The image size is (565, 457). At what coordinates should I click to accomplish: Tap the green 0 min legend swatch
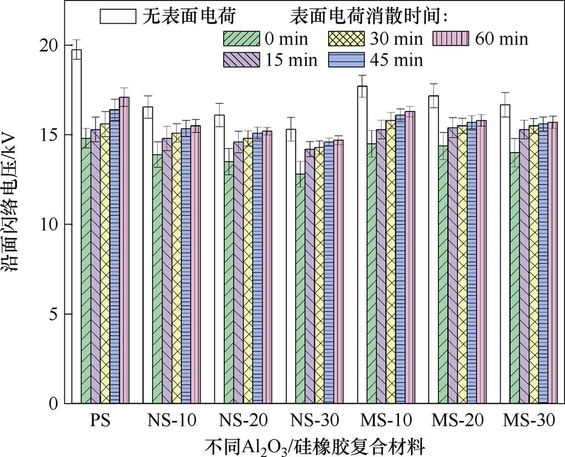[240, 39]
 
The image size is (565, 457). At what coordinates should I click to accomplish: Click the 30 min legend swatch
[345, 39]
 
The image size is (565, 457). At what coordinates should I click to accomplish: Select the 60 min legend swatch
[450, 39]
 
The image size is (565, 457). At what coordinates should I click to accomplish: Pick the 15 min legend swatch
[240, 59]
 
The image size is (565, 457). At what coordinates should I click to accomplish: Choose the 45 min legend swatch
[345, 59]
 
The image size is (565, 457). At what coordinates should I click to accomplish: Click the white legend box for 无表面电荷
[118, 16]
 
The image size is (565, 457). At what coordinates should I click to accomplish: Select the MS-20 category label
[458, 421]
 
